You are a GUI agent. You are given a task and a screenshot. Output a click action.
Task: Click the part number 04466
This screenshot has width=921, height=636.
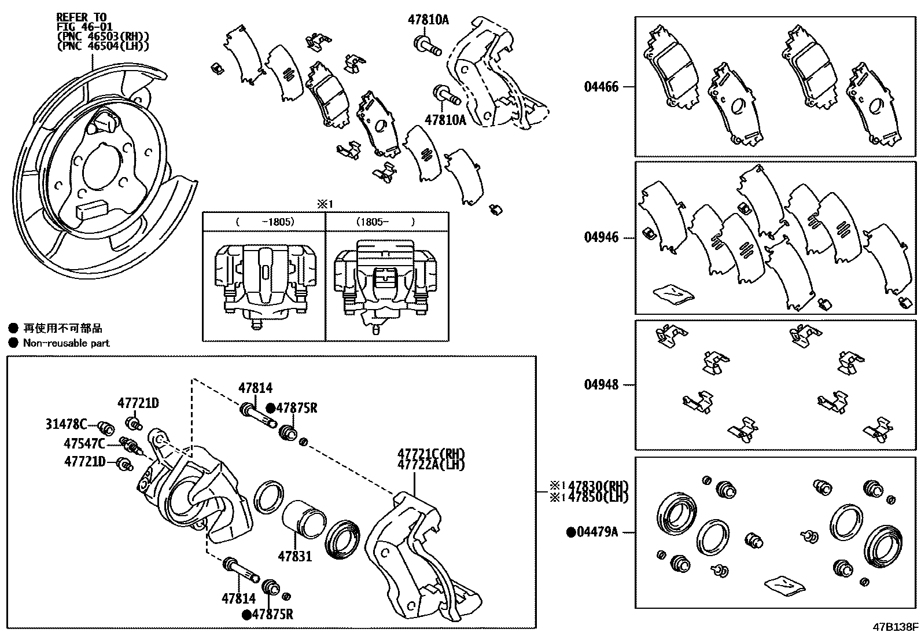click(601, 87)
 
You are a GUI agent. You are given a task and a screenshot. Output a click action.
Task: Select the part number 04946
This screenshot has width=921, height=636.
click(601, 237)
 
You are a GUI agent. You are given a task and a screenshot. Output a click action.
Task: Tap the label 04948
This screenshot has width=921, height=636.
click(601, 384)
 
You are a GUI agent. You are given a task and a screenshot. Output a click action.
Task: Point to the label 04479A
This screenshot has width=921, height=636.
click(597, 531)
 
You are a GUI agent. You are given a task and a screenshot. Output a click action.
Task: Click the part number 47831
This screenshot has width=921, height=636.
click(294, 557)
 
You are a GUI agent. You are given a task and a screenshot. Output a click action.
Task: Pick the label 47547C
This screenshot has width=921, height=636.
click(84, 444)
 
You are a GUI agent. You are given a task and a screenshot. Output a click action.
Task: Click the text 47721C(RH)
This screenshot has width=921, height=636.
click(431, 454)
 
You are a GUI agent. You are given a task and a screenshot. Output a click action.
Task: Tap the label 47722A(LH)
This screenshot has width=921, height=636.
click(431, 464)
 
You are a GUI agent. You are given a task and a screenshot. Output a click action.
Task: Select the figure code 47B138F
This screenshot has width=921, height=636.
click(896, 627)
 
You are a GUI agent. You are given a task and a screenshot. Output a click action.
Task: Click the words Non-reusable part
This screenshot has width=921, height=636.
click(66, 343)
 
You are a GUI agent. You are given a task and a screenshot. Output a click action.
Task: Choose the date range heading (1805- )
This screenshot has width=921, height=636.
click(386, 222)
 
